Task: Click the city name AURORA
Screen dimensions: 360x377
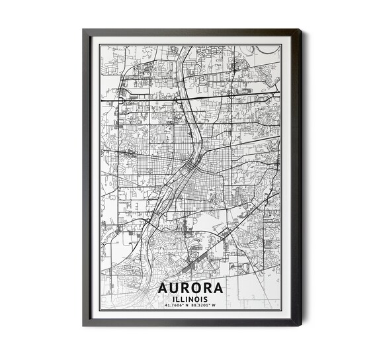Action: [191, 290]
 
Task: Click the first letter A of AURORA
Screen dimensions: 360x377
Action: [164, 290]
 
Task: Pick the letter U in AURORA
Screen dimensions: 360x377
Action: [175, 290]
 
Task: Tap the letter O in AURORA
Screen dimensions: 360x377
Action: [197, 290]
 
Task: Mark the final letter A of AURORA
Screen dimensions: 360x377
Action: [220, 290]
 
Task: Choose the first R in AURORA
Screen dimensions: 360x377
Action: [186, 290]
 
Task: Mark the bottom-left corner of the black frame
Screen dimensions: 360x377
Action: [84, 325]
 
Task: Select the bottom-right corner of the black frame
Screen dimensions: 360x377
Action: [301, 325]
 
